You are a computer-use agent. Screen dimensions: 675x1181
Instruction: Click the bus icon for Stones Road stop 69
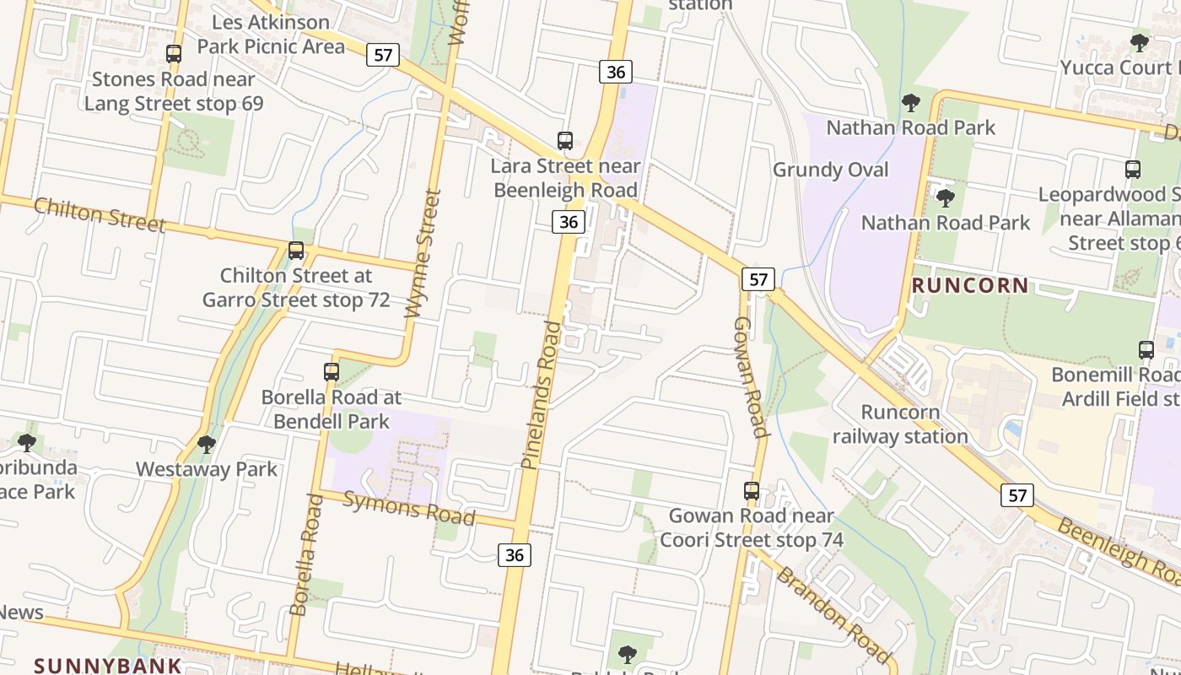pos(174,54)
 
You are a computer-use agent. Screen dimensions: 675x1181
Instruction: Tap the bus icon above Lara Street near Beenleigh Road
pos(565,141)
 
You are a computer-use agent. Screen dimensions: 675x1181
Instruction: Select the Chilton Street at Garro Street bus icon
pos(296,251)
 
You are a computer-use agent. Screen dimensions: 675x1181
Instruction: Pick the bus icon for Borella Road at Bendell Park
pos(332,371)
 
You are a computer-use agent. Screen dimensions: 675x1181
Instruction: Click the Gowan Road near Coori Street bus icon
pos(752,490)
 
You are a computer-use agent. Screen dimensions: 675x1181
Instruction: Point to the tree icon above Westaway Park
pos(206,444)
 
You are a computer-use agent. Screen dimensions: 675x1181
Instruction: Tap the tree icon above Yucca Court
pos(1140,42)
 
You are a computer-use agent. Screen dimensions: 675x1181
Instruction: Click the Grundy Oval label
pos(831,170)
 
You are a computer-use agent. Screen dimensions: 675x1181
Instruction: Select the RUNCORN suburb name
pos(970,285)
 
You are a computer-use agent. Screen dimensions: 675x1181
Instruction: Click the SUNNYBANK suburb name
pos(108,665)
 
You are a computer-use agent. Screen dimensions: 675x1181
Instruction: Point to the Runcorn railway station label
pos(900,424)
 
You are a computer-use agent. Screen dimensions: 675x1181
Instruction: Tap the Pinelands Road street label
pos(542,394)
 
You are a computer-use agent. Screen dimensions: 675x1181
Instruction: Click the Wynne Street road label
pos(423,253)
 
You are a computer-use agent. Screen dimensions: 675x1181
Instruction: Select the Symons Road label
pos(409,508)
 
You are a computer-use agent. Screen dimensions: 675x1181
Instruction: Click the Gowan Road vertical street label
pos(750,377)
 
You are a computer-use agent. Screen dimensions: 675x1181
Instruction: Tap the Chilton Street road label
pos(100,215)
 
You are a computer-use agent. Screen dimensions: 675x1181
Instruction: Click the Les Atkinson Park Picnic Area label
pos(271,34)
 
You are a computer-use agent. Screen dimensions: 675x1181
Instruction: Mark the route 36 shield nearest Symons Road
pos(515,554)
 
